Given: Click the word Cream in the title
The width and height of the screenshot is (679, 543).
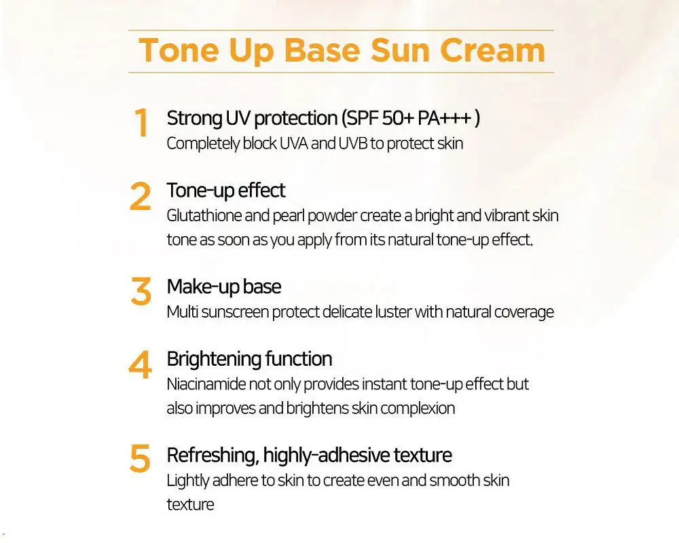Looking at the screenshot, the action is tap(492, 51).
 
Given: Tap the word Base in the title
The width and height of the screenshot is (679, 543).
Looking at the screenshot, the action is tap(322, 51).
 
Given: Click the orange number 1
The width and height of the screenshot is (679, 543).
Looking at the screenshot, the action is tap(141, 122).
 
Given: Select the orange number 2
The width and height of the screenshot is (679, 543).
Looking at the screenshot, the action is tap(141, 197).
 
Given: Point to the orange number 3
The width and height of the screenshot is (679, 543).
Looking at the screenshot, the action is tap(141, 291).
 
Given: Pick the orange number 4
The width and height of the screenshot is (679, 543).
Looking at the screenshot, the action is tap(141, 364).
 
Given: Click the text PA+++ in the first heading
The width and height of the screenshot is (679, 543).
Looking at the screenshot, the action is tap(444, 118).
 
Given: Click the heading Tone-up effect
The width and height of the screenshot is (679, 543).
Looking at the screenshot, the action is tap(226, 191).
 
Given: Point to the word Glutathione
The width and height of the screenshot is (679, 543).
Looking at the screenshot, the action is tap(204, 215).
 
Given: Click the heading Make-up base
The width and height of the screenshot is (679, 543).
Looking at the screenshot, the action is tap(224, 287).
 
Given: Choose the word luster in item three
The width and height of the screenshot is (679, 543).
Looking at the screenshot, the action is tap(393, 312).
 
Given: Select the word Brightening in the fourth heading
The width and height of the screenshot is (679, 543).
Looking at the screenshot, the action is tap(214, 360).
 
